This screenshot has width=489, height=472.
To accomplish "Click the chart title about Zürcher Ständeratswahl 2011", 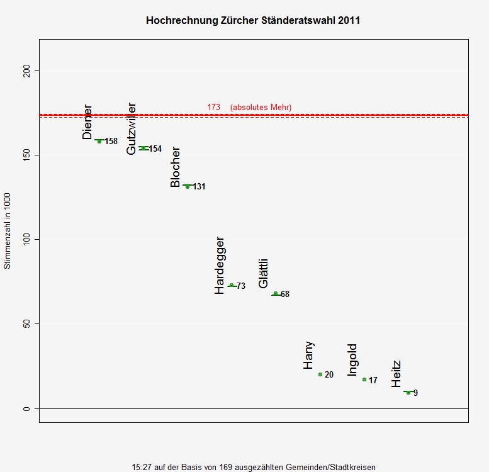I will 253,20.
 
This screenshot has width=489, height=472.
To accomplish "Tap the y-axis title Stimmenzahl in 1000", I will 8,231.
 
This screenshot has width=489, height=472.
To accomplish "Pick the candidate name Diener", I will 87,122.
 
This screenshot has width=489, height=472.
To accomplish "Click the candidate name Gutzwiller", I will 132,128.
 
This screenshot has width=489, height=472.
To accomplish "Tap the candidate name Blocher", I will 176,167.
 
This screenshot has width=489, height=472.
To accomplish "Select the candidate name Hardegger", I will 220,266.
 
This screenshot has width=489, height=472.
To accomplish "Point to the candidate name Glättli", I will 264,274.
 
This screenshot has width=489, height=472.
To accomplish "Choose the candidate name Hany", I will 308,356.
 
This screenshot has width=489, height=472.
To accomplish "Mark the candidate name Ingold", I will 352,360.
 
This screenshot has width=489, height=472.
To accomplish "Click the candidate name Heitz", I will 396,374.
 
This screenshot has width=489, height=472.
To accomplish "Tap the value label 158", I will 111,142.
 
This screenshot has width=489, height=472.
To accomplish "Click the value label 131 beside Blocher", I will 200,187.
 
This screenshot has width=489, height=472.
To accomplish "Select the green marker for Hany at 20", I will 320,374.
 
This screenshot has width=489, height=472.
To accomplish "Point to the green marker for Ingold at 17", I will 364,379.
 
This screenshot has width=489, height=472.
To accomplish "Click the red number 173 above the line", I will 214,108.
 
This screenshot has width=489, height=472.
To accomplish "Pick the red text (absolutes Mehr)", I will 261,108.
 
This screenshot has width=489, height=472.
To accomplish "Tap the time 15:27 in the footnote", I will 141,467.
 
